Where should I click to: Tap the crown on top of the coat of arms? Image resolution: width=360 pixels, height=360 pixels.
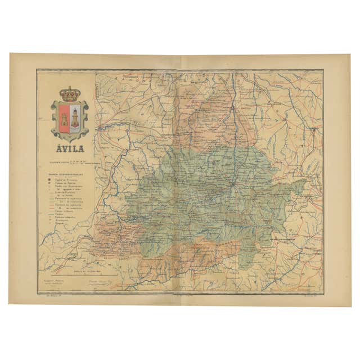[x=70, y=93]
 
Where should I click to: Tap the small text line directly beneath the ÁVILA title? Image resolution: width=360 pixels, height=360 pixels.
[x=70, y=163]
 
